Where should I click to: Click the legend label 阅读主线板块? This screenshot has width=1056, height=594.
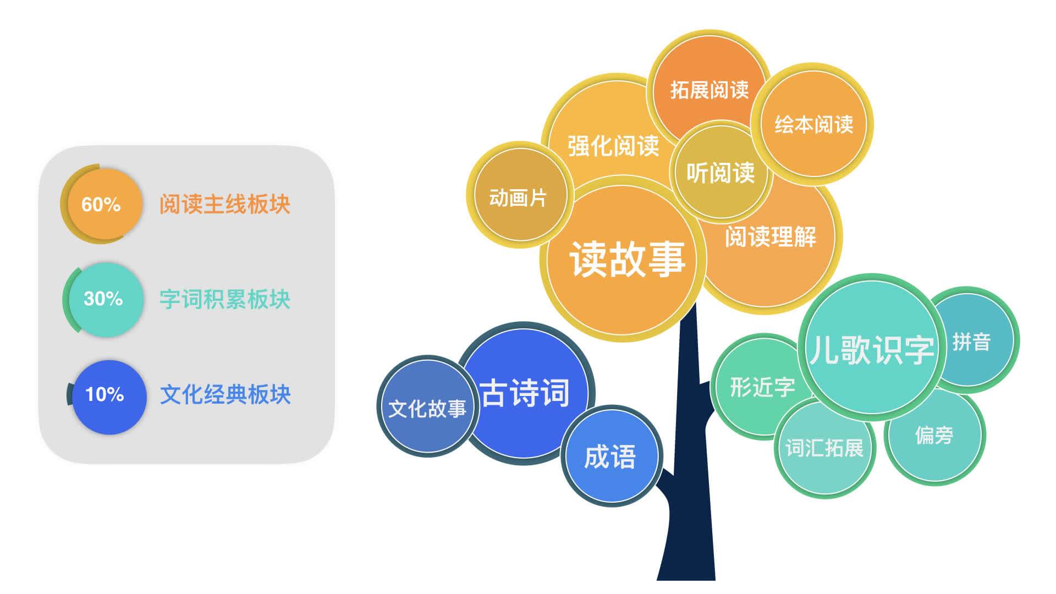[225, 204]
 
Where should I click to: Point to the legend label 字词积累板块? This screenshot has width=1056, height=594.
[225, 299]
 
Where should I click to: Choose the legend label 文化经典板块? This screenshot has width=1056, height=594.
[225, 394]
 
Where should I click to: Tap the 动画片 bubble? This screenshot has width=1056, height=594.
[520, 195]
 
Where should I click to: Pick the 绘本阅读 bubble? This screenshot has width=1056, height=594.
[813, 124]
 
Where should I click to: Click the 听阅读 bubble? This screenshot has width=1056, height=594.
[721, 172]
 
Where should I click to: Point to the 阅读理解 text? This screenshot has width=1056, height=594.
[770, 237]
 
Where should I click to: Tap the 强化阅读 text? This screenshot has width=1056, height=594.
[613, 146]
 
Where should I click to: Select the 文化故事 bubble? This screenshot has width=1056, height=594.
[427, 406]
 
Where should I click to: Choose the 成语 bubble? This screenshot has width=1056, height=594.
[612, 456]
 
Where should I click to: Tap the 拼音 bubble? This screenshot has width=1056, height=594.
[971, 341]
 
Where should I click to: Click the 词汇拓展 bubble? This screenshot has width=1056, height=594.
[824, 448]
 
